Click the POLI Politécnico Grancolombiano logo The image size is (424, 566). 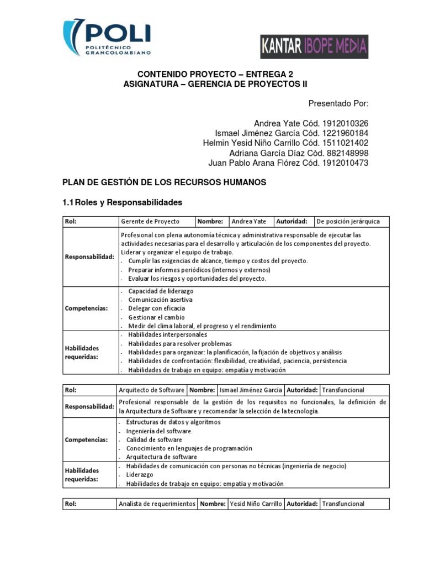click(x=107, y=37)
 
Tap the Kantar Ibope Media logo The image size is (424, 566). click(x=314, y=47)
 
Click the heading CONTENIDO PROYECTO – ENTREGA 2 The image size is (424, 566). click(x=215, y=74)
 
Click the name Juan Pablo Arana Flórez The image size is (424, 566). click(x=252, y=163)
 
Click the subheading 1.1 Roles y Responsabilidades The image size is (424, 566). click(x=123, y=203)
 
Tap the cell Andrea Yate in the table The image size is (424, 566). click(x=249, y=222)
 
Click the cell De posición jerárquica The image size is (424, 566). click(x=348, y=222)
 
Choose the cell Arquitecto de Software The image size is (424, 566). click(x=151, y=390)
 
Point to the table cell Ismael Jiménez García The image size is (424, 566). click(x=250, y=390)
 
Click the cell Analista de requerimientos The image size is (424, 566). click(x=157, y=504)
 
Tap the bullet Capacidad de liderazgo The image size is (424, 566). click(x=161, y=291)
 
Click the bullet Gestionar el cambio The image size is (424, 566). click(x=156, y=318)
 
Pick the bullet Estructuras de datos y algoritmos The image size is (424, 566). click(x=173, y=422)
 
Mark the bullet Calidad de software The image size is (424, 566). click(x=154, y=440)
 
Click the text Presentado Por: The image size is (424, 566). click(x=338, y=103)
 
